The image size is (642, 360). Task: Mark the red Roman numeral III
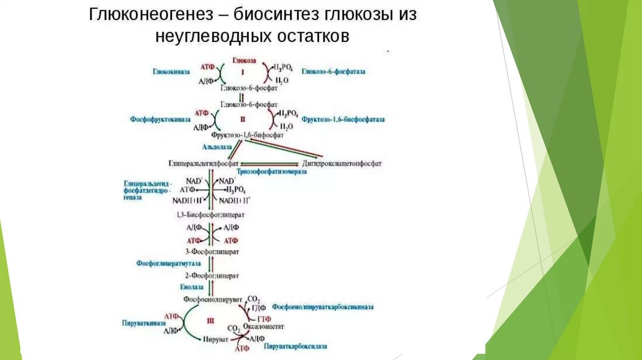coord(210,320)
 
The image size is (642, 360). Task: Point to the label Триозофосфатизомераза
coord(271,171)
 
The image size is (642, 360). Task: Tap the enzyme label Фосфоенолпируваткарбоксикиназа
coord(323,307)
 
